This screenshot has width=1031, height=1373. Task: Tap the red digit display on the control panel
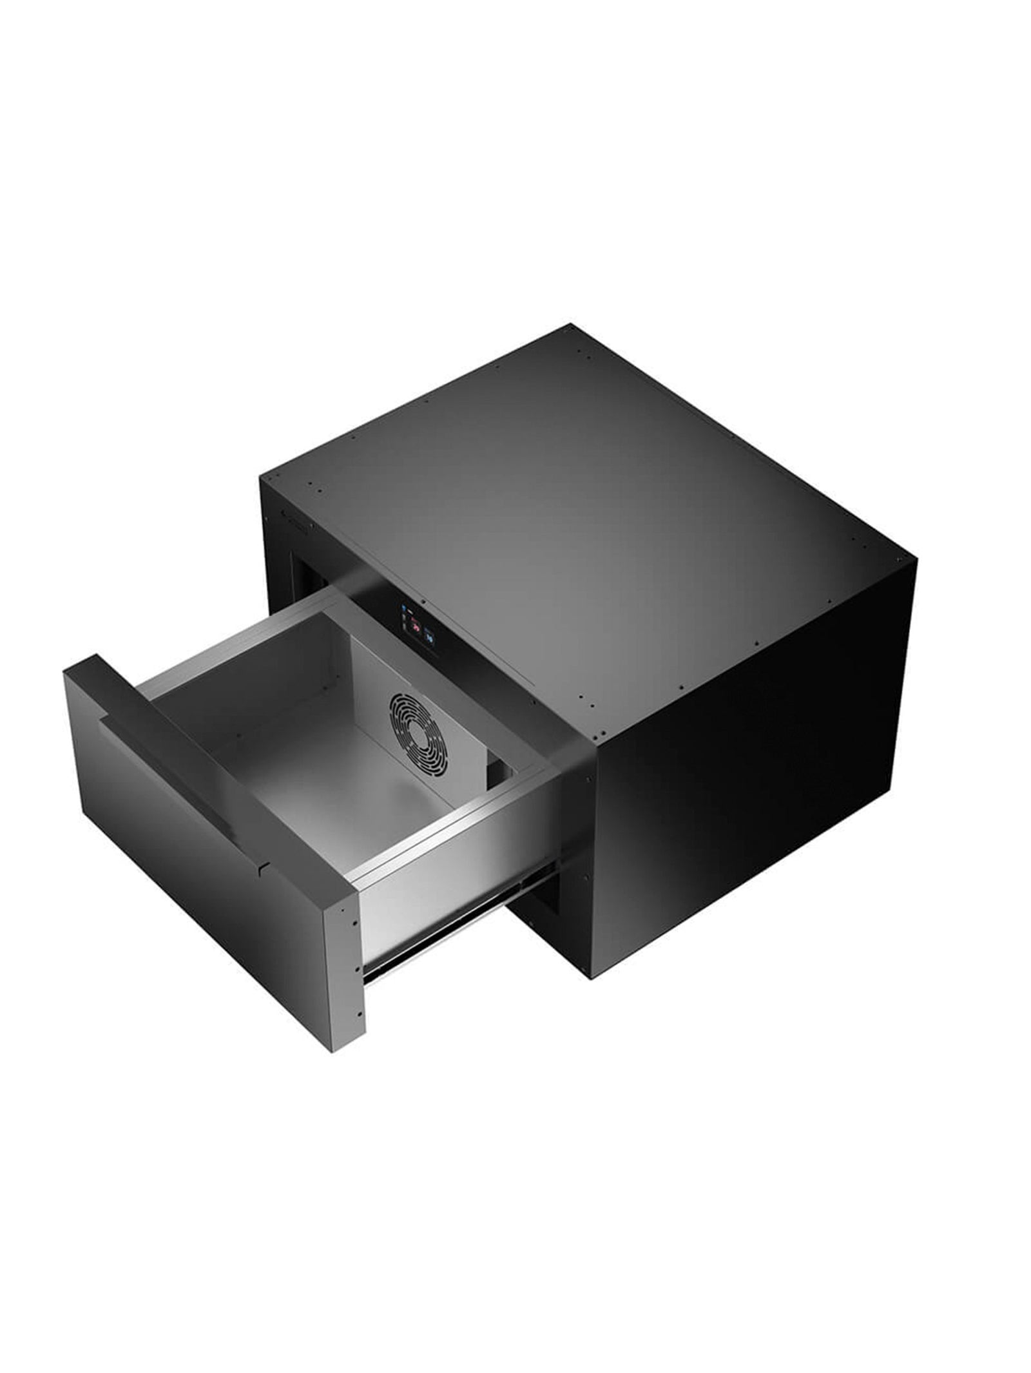pyautogui.click(x=416, y=623)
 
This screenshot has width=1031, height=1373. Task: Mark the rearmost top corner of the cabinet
pyautogui.click(x=571, y=324)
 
